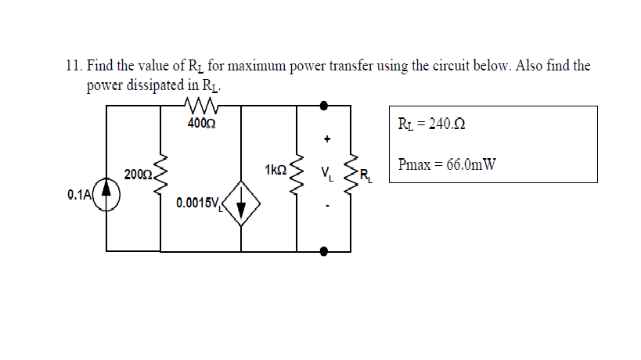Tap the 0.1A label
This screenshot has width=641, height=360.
tap(79, 193)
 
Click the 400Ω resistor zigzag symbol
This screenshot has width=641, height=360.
tap(202, 106)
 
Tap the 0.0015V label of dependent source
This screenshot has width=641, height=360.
tap(200, 203)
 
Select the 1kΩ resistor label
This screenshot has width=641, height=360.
tap(276, 170)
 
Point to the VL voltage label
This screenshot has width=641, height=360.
tap(327, 173)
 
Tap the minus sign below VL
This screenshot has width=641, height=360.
tap(328, 207)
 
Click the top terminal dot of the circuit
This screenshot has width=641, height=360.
tap(324, 104)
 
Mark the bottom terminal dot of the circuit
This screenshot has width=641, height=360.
tap(324, 251)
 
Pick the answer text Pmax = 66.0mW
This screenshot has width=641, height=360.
tap(446, 164)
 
